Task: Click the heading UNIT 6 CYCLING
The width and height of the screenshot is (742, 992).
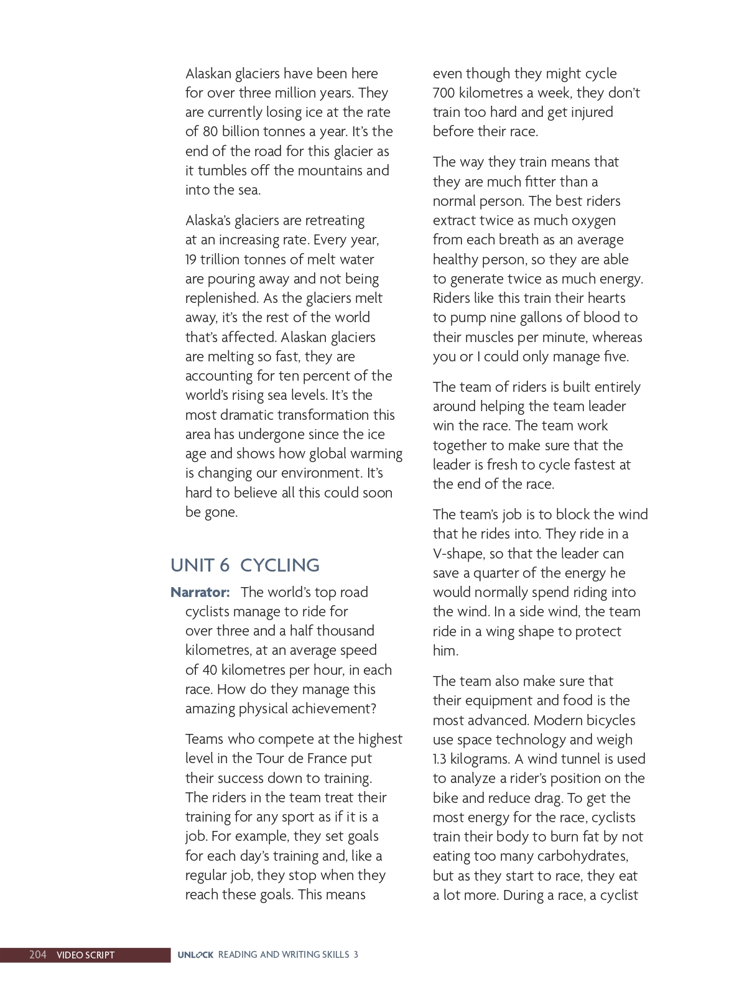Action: click(x=244, y=565)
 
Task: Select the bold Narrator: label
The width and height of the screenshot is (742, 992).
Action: click(x=200, y=592)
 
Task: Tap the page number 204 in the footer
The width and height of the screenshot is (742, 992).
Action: click(x=37, y=955)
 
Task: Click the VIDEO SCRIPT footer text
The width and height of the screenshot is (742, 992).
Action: click(x=85, y=955)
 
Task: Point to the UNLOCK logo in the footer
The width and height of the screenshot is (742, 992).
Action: click(x=195, y=955)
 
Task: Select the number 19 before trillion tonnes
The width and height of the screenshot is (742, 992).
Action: click(x=190, y=259)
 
